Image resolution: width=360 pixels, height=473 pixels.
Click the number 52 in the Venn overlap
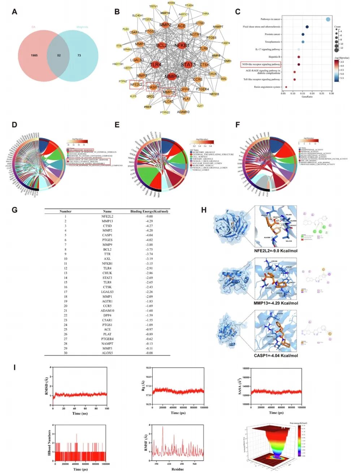[x=58, y=56]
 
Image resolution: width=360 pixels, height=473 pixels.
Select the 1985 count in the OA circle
[x=34, y=56]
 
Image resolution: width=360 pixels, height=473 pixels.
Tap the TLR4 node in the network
[x=156, y=65]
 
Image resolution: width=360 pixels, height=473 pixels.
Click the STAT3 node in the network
[x=188, y=65]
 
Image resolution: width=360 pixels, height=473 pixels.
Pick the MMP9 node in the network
[x=172, y=76]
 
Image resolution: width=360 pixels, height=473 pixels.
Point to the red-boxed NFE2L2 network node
[x=136, y=85]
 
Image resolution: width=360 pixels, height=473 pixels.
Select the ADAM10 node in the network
[x=183, y=112]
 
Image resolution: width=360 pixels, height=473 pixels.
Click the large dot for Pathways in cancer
[x=328, y=19]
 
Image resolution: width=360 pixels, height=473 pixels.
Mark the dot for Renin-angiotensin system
[x=286, y=87]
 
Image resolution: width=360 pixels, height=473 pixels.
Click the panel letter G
[x=14, y=210]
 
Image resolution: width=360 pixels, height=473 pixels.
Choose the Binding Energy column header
[x=149, y=211]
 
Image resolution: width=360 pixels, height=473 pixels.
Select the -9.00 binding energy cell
[x=149, y=216]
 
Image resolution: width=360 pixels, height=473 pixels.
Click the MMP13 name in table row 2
[x=107, y=221]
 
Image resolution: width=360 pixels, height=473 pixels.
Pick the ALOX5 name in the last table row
[x=107, y=353]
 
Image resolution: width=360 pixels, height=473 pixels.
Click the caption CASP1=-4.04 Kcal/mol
[x=276, y=355]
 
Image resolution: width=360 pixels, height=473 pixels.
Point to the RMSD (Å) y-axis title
[x=46, y=386]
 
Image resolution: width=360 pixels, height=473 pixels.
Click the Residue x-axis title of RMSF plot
[x=177, y=469]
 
